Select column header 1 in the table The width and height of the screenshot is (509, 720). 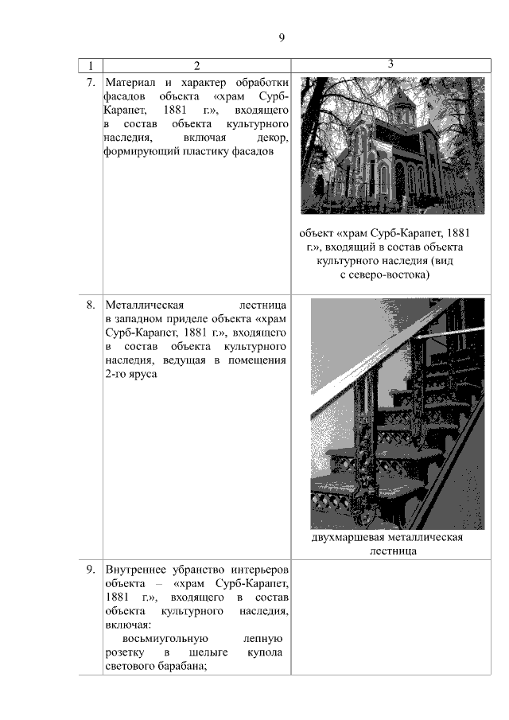coord(91,65)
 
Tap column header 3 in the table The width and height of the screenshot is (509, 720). coord(391,64)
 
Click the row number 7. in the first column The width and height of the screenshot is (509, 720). coord(91,82)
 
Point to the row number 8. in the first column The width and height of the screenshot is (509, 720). coord(91,304)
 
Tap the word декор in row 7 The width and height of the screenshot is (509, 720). coord(272,137)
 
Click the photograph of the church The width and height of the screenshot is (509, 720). coord(391,145)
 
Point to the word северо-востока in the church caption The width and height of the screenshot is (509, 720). coord(390,275)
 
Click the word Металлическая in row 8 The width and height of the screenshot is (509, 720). coord(144,304)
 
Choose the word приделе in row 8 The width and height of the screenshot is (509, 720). coord(182,318)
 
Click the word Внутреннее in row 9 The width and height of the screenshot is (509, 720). coord(136,570)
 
